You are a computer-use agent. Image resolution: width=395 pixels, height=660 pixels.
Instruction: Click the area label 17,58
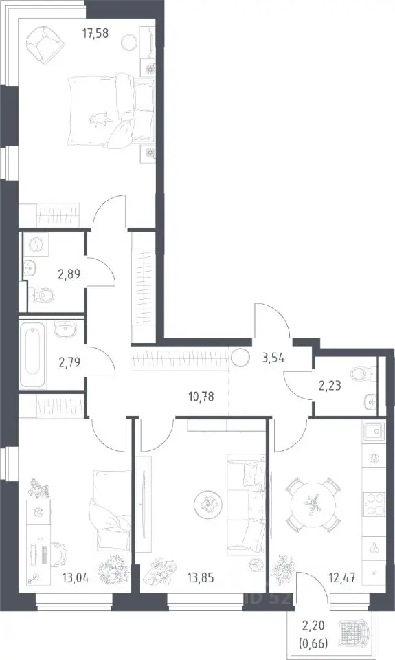(x=95, y=33)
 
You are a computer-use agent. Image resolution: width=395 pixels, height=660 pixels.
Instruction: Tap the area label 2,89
(x=69, y=274)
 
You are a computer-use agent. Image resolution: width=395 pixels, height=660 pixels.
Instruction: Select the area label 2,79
(x=69, y=361)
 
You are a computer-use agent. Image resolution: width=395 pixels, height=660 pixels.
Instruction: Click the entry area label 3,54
(x=273, y=358)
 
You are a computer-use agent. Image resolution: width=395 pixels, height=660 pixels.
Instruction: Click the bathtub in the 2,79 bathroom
(x=32, y=351)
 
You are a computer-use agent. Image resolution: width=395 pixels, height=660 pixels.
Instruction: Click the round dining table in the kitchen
(x=312, y=504)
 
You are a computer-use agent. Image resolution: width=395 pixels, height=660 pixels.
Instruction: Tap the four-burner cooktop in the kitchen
(x=374, y=504)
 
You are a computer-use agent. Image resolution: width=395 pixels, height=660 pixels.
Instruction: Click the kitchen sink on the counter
(x=374, y=432)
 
